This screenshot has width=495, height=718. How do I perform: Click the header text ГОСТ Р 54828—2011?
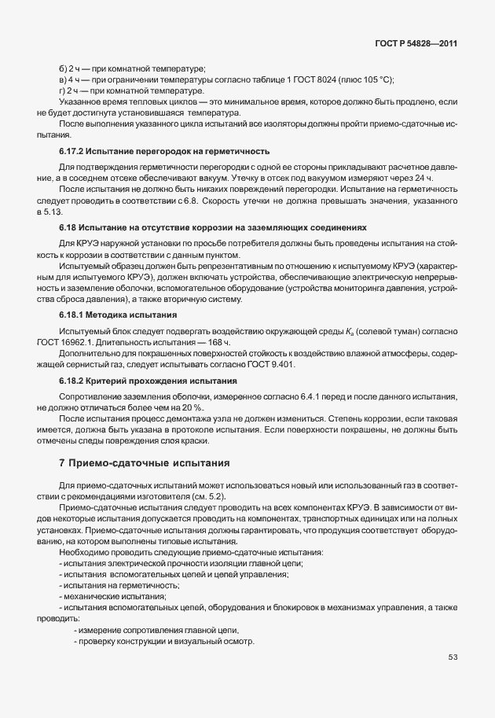coord(417,42)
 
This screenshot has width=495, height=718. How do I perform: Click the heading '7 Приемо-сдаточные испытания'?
coord(145,463)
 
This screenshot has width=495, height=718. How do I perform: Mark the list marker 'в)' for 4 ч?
coord(63,80)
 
